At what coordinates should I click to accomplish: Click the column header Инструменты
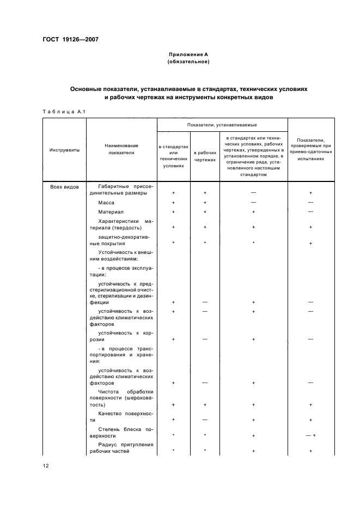coord(64,149)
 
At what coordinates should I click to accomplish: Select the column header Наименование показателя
coord(121,149)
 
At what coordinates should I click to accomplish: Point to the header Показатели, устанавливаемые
coord(222,125)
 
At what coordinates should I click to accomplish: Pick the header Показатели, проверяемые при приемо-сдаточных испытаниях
coord(310,149)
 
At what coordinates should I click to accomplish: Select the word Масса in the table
coord(106,202)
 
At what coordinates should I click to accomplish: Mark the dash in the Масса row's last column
coord(310,202)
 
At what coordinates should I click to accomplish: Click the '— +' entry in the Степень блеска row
coord(310,436)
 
